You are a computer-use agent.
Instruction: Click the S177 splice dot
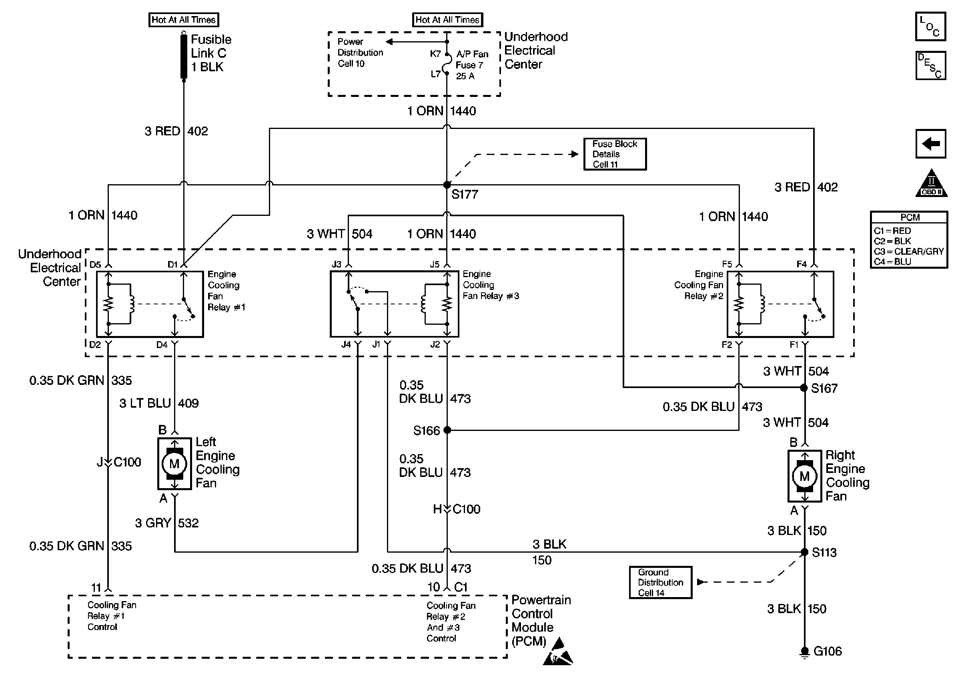tap(447, 185)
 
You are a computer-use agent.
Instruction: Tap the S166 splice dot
tap(447, 431)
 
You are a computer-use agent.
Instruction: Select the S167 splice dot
tap(804, 388)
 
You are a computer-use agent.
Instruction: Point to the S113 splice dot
tap(804, 552)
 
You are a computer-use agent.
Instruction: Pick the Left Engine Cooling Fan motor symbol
tap(174, 463)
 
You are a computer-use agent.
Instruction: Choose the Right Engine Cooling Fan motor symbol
tap(805, 476)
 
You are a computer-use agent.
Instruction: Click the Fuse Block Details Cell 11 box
tap(615, 154)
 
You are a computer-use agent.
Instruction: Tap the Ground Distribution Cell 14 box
tap(660, 583)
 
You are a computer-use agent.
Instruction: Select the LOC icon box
tap(930, 27)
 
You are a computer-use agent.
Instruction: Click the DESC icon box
tap(930, 66)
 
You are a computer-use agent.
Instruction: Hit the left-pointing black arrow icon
tap(931, 144)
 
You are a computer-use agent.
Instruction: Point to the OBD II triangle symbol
tap(931, 184)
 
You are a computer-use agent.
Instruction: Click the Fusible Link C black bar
tap(184, 56)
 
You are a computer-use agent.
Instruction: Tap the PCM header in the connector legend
tap(909, 217)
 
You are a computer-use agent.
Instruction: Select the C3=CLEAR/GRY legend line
tap(909, 251)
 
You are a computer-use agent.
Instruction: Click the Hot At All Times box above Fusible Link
tap(184, 20)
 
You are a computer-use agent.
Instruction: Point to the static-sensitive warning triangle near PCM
tap(558, 652)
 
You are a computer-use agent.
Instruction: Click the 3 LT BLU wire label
tap(145, 403)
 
